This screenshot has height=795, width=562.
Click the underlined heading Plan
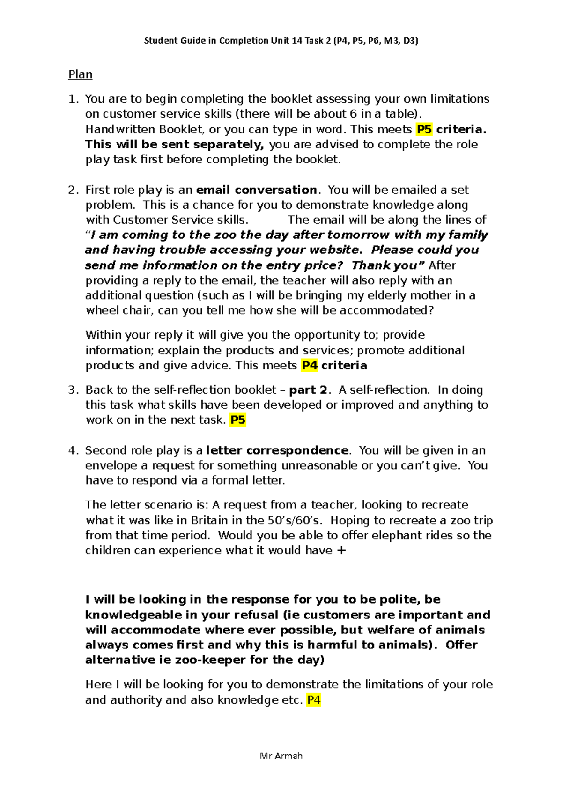(x=80, y=74)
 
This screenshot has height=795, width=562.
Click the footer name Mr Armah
(x=281, y=756)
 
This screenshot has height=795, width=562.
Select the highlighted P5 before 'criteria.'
(x=424, y=129)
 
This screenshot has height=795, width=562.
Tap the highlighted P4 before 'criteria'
(x=309, y=365)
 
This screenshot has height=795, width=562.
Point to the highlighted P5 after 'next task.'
(x=237, y=420)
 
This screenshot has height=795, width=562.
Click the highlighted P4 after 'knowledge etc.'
(x=313, y=700)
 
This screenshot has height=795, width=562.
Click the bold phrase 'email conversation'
(x=256, y=190)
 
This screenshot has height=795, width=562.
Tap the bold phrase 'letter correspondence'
(x=277, y=450)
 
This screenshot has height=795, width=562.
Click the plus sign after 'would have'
(x=341, y=551)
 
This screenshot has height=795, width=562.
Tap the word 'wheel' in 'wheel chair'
(x=100, y=310)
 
